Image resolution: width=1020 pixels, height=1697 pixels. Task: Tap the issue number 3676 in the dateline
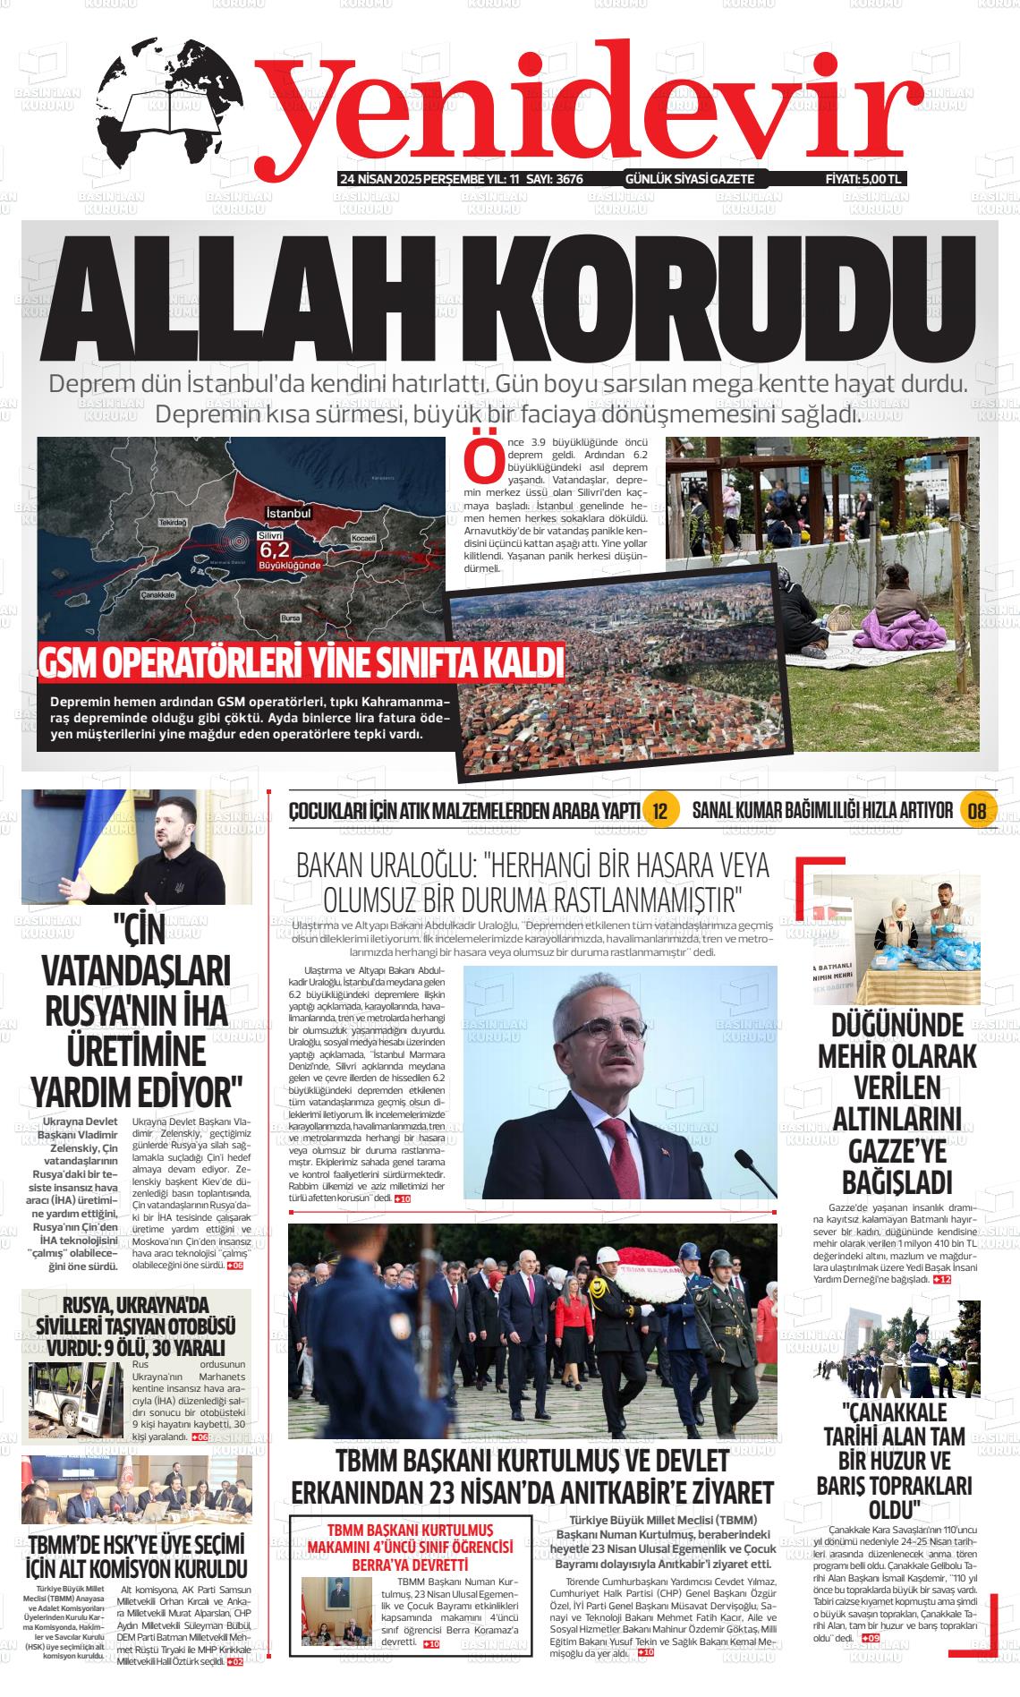569,179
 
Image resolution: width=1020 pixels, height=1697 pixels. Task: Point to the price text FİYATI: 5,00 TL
863,179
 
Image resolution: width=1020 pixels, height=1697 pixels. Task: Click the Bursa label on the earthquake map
290,618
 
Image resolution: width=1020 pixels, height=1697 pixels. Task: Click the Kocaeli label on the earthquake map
363,537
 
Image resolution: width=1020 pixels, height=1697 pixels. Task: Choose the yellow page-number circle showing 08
976,811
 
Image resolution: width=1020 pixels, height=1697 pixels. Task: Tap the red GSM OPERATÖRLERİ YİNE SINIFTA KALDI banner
302,664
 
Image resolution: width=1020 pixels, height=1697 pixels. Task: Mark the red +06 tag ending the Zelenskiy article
234,1266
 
